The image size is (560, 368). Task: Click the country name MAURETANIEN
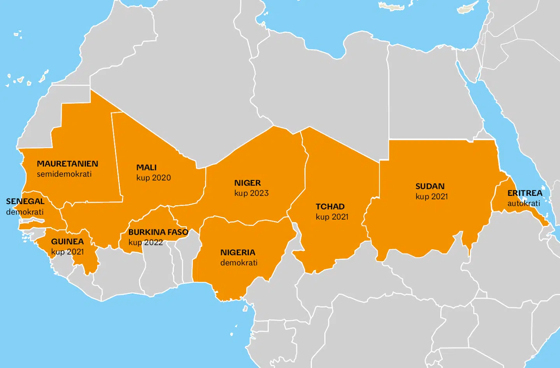click(x=67, y=164)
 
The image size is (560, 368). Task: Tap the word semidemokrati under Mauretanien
click(x=64, y=174)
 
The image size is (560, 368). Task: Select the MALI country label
click(x=146, y=167)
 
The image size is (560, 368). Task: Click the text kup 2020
click(x=154, y=178)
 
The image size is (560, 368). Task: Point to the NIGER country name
click(x=247, y=183)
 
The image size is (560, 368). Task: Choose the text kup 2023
click(x=251, y=193)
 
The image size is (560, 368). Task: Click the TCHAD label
click(x=330, y=207)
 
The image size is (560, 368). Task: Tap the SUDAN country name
click(x=430, y=187)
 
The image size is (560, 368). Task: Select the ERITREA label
click(x=525, y=193)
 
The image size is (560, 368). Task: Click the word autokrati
click(x=523, y=203)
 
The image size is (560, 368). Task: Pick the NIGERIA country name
click(x=238, y=253)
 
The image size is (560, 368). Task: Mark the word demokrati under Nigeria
click(x=239, y=263)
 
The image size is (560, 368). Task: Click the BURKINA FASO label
click(x=158, y=232)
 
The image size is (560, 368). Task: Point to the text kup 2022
click(x=145, y=243)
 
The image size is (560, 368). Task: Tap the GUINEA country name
click(x=67, y=242)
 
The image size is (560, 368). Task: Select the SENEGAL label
click(x=25, y=202)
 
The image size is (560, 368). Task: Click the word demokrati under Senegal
click(x=24, y=212)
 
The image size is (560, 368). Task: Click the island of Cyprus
click(x=468, y=9)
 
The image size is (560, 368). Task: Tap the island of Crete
click(x=392, y=7)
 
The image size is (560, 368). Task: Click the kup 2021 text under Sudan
click(x=432, y=197)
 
